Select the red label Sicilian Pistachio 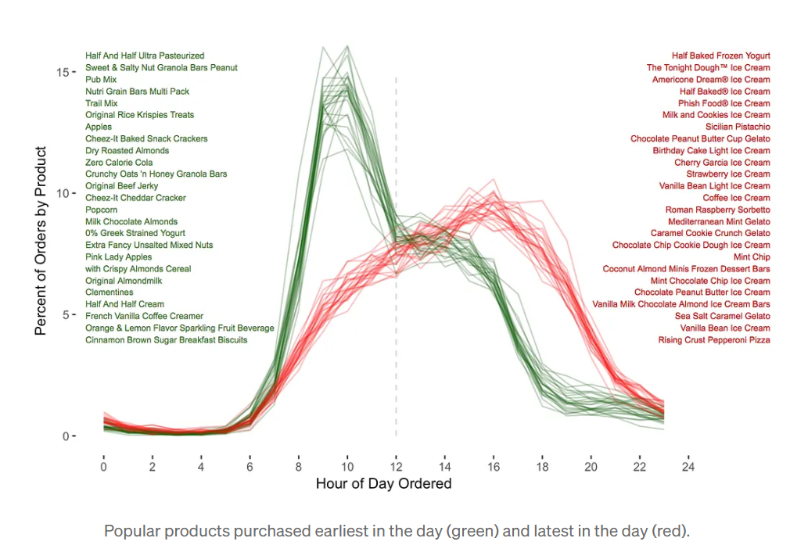tap(738, 127)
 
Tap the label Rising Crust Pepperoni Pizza tap(714, 340)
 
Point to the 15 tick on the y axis tap(62, 72)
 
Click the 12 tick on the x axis tap(396, 466)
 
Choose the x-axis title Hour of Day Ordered tap(383, 484)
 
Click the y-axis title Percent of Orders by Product tap(41, 241)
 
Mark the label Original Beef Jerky tap(122, 186)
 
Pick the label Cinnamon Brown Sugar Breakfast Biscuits tap(167, 340)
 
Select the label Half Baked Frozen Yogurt tap(720, 56)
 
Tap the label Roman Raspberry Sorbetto tap(717, 210)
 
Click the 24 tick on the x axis tap(688, 466)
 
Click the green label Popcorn tap(102, 210)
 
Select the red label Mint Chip tap(752, 257)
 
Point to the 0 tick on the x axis tap(104, 466)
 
